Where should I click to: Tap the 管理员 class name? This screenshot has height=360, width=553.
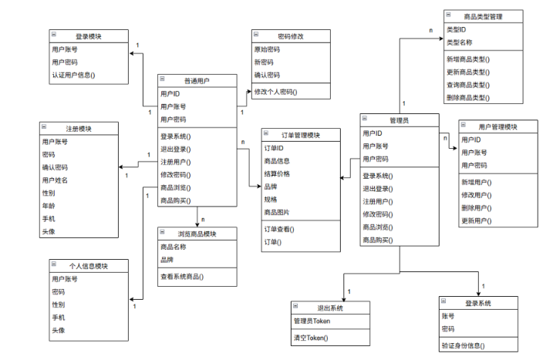400,119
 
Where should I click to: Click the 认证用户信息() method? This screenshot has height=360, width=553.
73,75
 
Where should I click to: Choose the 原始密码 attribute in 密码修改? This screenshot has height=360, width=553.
268,49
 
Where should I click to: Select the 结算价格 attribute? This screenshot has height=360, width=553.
277,173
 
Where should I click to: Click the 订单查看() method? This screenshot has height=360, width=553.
279,229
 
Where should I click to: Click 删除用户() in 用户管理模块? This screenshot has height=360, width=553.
477,208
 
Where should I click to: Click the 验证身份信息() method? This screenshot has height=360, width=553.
468,345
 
